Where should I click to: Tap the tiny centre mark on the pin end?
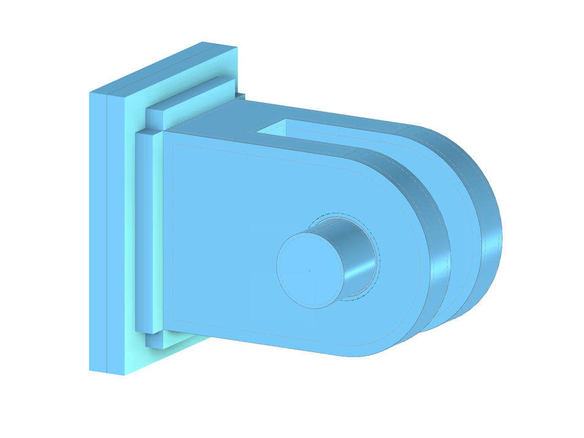310,270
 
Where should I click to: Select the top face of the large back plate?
164,67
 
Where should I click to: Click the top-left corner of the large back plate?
90,92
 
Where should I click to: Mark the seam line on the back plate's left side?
108,231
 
